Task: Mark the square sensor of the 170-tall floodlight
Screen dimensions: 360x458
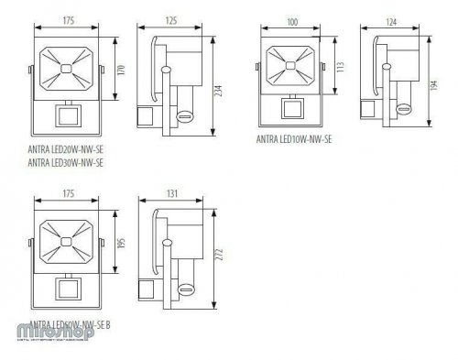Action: [x=66, y=117]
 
